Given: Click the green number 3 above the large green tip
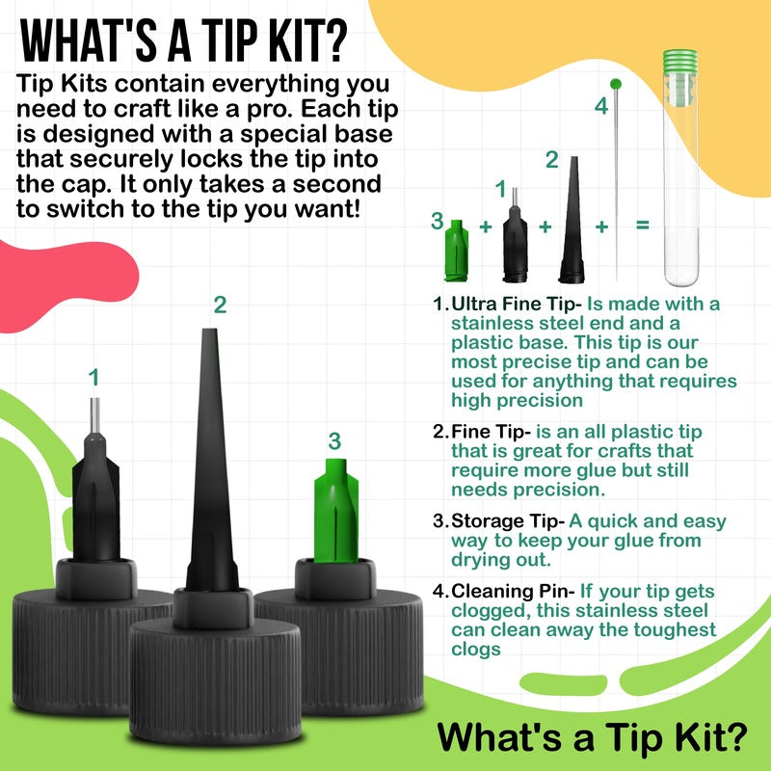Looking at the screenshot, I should (334, 441).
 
